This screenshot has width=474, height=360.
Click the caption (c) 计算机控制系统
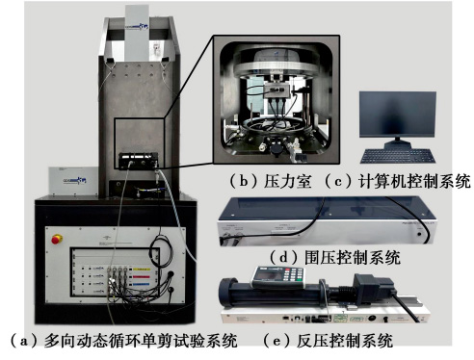tap(397, 180)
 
